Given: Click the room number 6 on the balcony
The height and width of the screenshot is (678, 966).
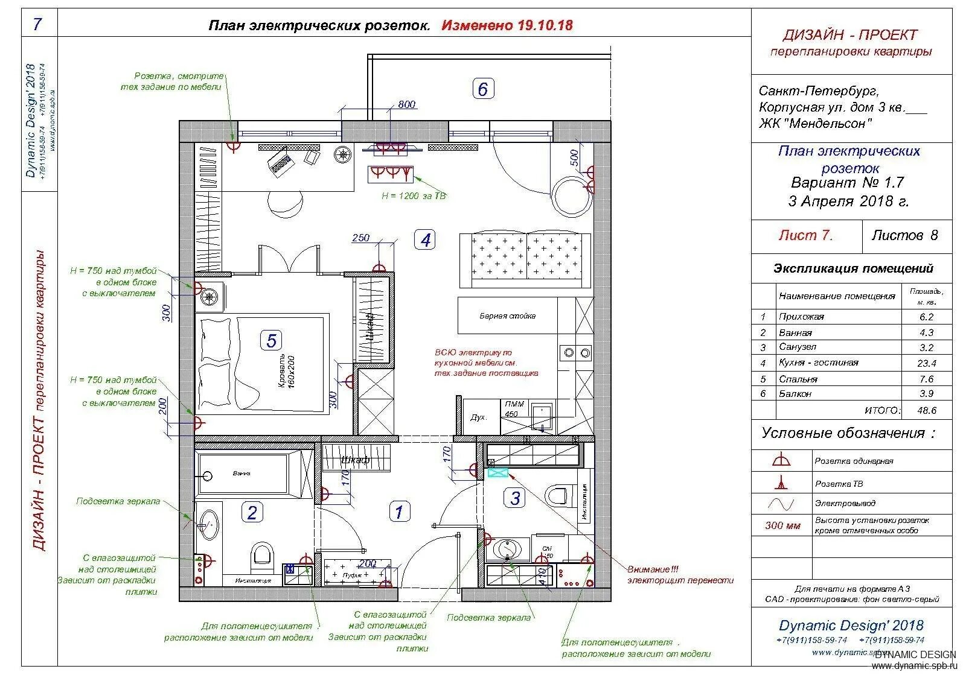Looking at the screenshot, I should click(x=482, y=89).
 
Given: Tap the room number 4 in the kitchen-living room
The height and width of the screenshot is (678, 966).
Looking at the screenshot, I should click(x=426, y=240).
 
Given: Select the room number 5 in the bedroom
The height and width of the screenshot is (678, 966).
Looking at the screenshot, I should click(x=271, y=341).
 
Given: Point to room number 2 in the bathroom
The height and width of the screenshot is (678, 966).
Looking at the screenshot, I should click(x=252, y=513).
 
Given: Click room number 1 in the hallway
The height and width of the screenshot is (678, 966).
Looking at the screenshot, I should click(x=398, y=512).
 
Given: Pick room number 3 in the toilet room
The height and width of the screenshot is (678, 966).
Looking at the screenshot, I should click(x=515, y=498).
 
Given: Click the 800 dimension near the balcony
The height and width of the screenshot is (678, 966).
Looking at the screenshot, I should click(x=407, y=105).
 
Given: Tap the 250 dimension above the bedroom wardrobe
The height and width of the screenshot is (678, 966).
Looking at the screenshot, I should click(x=360, y=238).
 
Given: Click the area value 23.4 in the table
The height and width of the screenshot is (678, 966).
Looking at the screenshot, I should click(x=926, y=363).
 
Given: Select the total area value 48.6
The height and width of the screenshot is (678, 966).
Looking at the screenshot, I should click(x=926, y=410).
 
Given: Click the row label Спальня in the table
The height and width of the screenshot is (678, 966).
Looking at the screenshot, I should click(x=798, y=379).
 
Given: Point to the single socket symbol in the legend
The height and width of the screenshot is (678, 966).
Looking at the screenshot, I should click(x=781, y=461).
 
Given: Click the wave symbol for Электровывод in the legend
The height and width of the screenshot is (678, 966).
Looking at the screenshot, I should click(x=781, y=503).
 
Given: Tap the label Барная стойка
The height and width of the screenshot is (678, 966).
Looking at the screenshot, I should click(x=507, y=316).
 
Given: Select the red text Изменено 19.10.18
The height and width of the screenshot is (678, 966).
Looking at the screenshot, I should click(x=507, y=25).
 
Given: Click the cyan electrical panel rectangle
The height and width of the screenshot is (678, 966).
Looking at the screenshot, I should click(x=499, y=473).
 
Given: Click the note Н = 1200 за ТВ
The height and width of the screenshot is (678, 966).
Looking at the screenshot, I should click(x=414, y=196).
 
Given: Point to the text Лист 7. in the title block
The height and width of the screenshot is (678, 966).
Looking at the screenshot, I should click(x=805, y=236).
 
